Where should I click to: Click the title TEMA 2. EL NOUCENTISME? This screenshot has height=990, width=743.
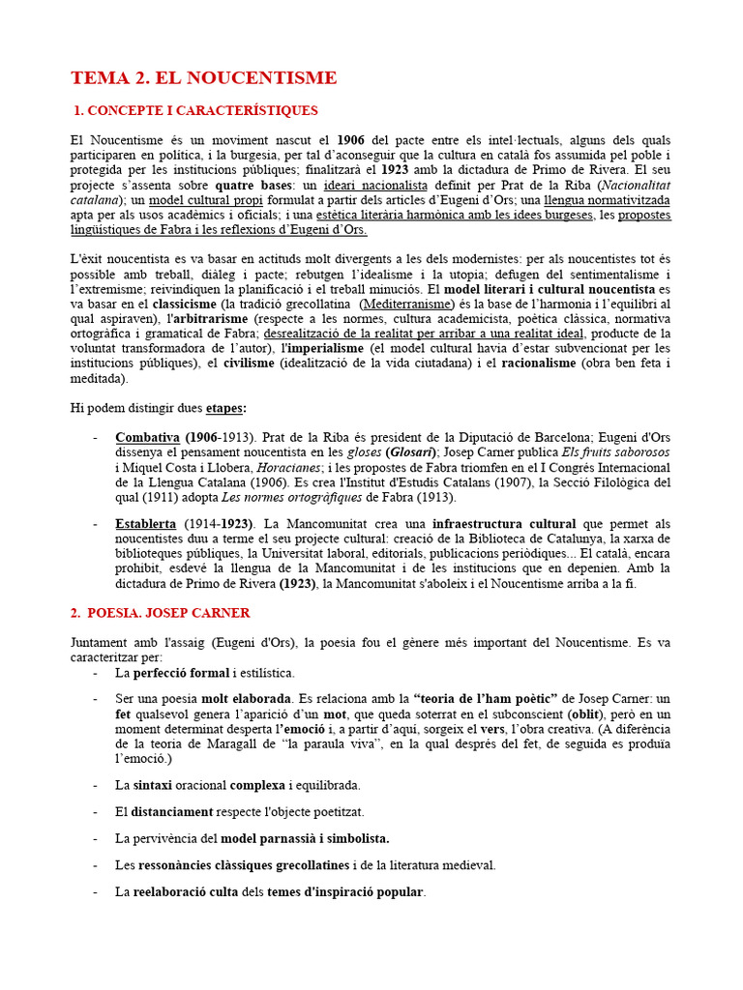[x=204, y=78]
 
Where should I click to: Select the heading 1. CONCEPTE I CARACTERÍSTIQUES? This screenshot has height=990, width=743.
[x=196, y=111]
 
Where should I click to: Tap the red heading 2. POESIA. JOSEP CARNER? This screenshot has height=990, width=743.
[x=161, y=613]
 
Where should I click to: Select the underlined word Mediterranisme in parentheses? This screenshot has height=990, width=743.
[x=404, y=304]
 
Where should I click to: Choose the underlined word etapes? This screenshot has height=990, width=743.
[x=224, y=408]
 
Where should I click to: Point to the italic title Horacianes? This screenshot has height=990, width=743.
[x=292, y=467]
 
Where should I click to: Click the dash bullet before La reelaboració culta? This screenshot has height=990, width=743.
[x=96, y=891]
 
